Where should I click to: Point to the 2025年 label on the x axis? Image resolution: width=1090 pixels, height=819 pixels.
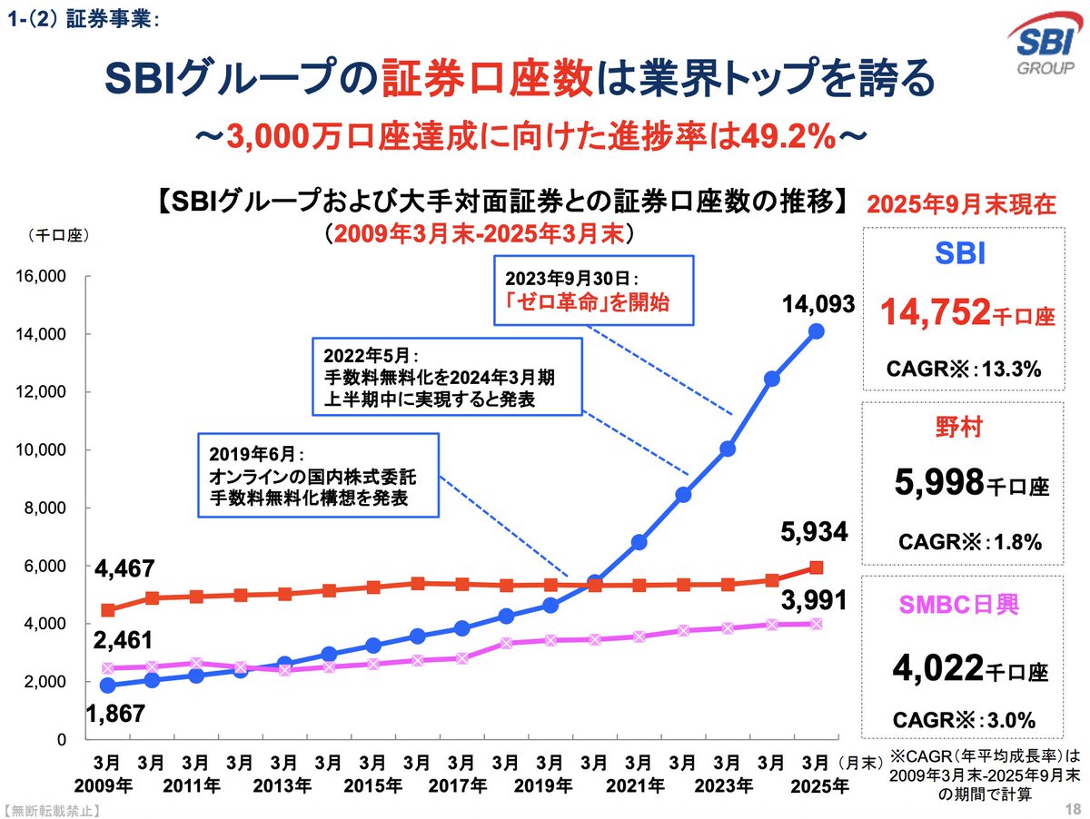[x=815, y=784]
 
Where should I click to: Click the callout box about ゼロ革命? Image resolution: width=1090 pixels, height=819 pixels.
[x=592, y=290]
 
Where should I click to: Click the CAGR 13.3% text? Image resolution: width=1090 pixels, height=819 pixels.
[x=968, y=370]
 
